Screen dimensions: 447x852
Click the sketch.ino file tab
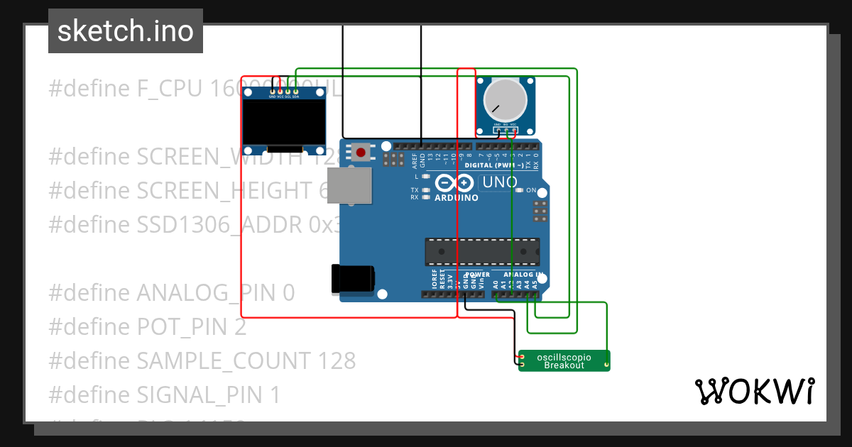[126, 31]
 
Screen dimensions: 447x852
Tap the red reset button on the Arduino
[361, 152]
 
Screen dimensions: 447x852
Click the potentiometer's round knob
[505, 101]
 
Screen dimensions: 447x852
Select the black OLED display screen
[283, 121]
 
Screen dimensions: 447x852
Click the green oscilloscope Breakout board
[564, 360]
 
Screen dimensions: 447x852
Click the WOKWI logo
[754, 391]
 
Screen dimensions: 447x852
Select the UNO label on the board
[500, 182]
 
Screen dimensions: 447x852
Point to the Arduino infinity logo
[454, 183]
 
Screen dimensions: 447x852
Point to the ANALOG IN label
[523, 274]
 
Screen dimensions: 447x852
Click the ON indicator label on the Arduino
[530, 190]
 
